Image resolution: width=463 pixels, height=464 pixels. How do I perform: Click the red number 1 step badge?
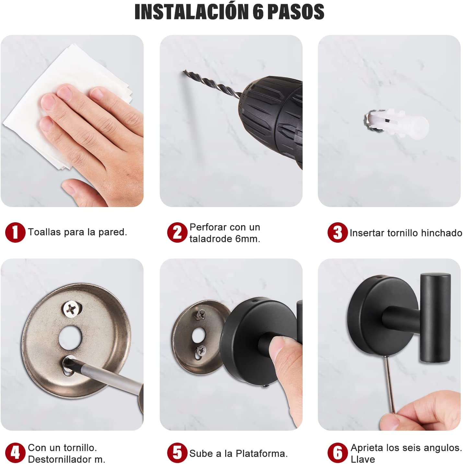coord(15,232)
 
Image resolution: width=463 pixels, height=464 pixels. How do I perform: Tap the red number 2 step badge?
coord(177,232)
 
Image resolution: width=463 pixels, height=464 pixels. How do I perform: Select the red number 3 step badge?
coord(337,232)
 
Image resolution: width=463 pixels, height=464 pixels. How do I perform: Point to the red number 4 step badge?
coord(15,453)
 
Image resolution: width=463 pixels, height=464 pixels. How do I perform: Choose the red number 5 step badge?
coord(177,453)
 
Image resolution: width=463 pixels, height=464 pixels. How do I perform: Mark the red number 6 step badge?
coord(337,453)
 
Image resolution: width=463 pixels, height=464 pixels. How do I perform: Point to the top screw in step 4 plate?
coord(71,309)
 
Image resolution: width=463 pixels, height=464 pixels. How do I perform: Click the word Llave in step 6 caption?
coord(363,459)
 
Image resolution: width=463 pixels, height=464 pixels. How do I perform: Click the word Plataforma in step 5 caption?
coord(261,453)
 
